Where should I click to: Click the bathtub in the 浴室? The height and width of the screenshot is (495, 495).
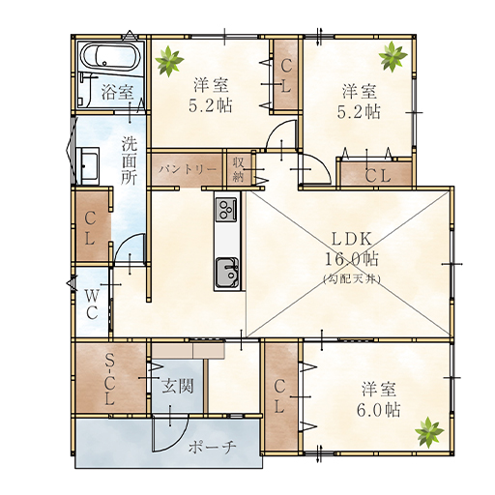tap(110, 58)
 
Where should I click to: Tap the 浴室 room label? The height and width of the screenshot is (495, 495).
tap(117, 92)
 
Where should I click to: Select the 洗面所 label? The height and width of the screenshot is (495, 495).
tap(130, 160)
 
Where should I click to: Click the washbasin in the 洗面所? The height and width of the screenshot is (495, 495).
tap(88, 166)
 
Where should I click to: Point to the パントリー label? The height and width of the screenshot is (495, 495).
tap(188, 169)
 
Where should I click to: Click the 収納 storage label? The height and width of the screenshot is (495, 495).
tap(238, 169)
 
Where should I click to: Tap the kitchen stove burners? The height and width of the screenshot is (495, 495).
tap(225, 210)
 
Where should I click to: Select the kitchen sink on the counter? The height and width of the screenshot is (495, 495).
tap(227, 273)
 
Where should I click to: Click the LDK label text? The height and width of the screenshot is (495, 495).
tap(352, 240)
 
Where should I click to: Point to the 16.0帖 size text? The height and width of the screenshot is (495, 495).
tap(352, 259)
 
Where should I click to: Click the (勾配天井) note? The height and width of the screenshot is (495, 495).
tap(352, 278)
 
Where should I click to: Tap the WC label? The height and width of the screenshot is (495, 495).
tap(92, 304)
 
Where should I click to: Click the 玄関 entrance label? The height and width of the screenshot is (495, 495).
tap(178, 386)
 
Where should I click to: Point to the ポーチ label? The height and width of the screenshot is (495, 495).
tap(213, 448)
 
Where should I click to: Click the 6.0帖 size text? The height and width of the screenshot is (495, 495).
tap(379, 410)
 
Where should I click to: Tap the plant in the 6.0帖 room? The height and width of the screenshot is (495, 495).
tap(429, 432)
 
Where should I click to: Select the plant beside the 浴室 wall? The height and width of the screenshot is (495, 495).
tap(169, 61)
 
